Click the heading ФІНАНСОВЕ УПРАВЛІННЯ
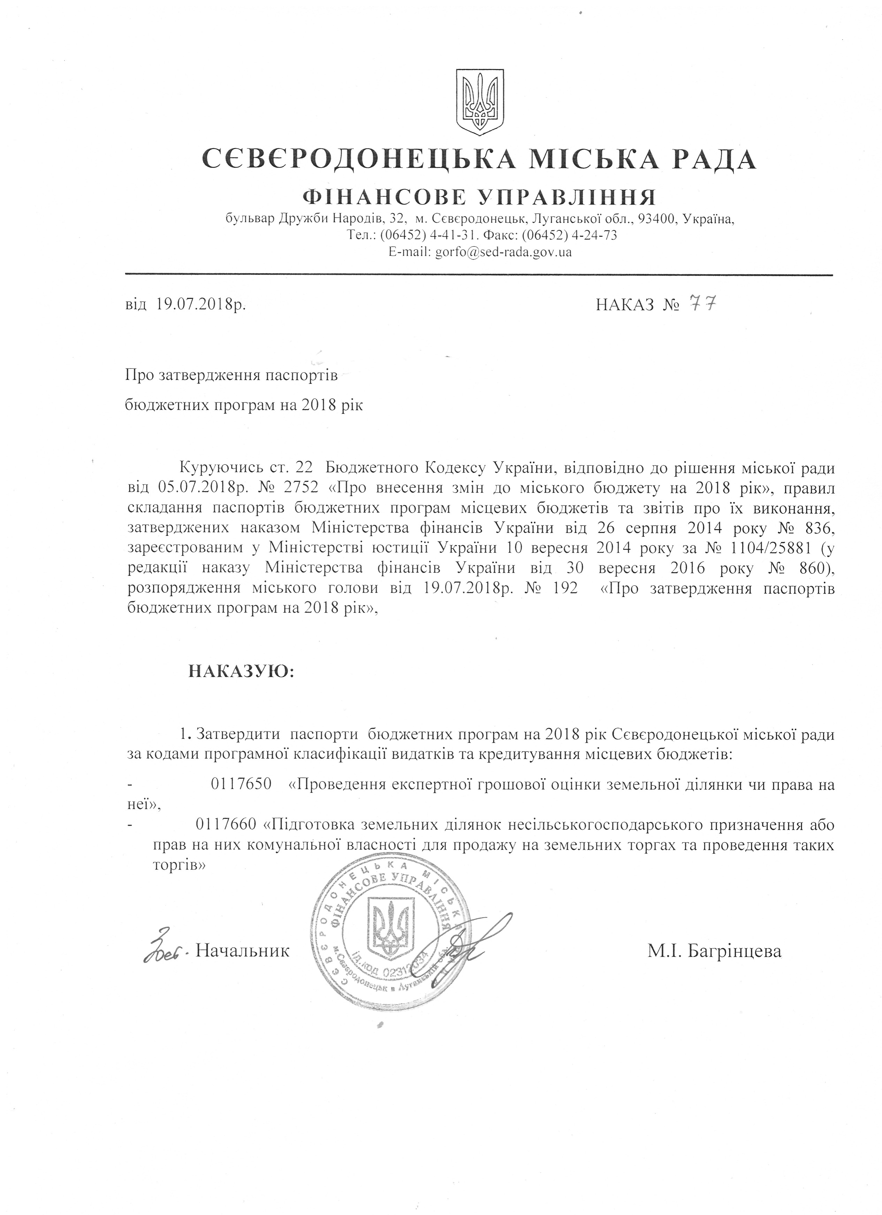479,198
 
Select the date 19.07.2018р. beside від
201,305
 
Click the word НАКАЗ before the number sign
625,305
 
